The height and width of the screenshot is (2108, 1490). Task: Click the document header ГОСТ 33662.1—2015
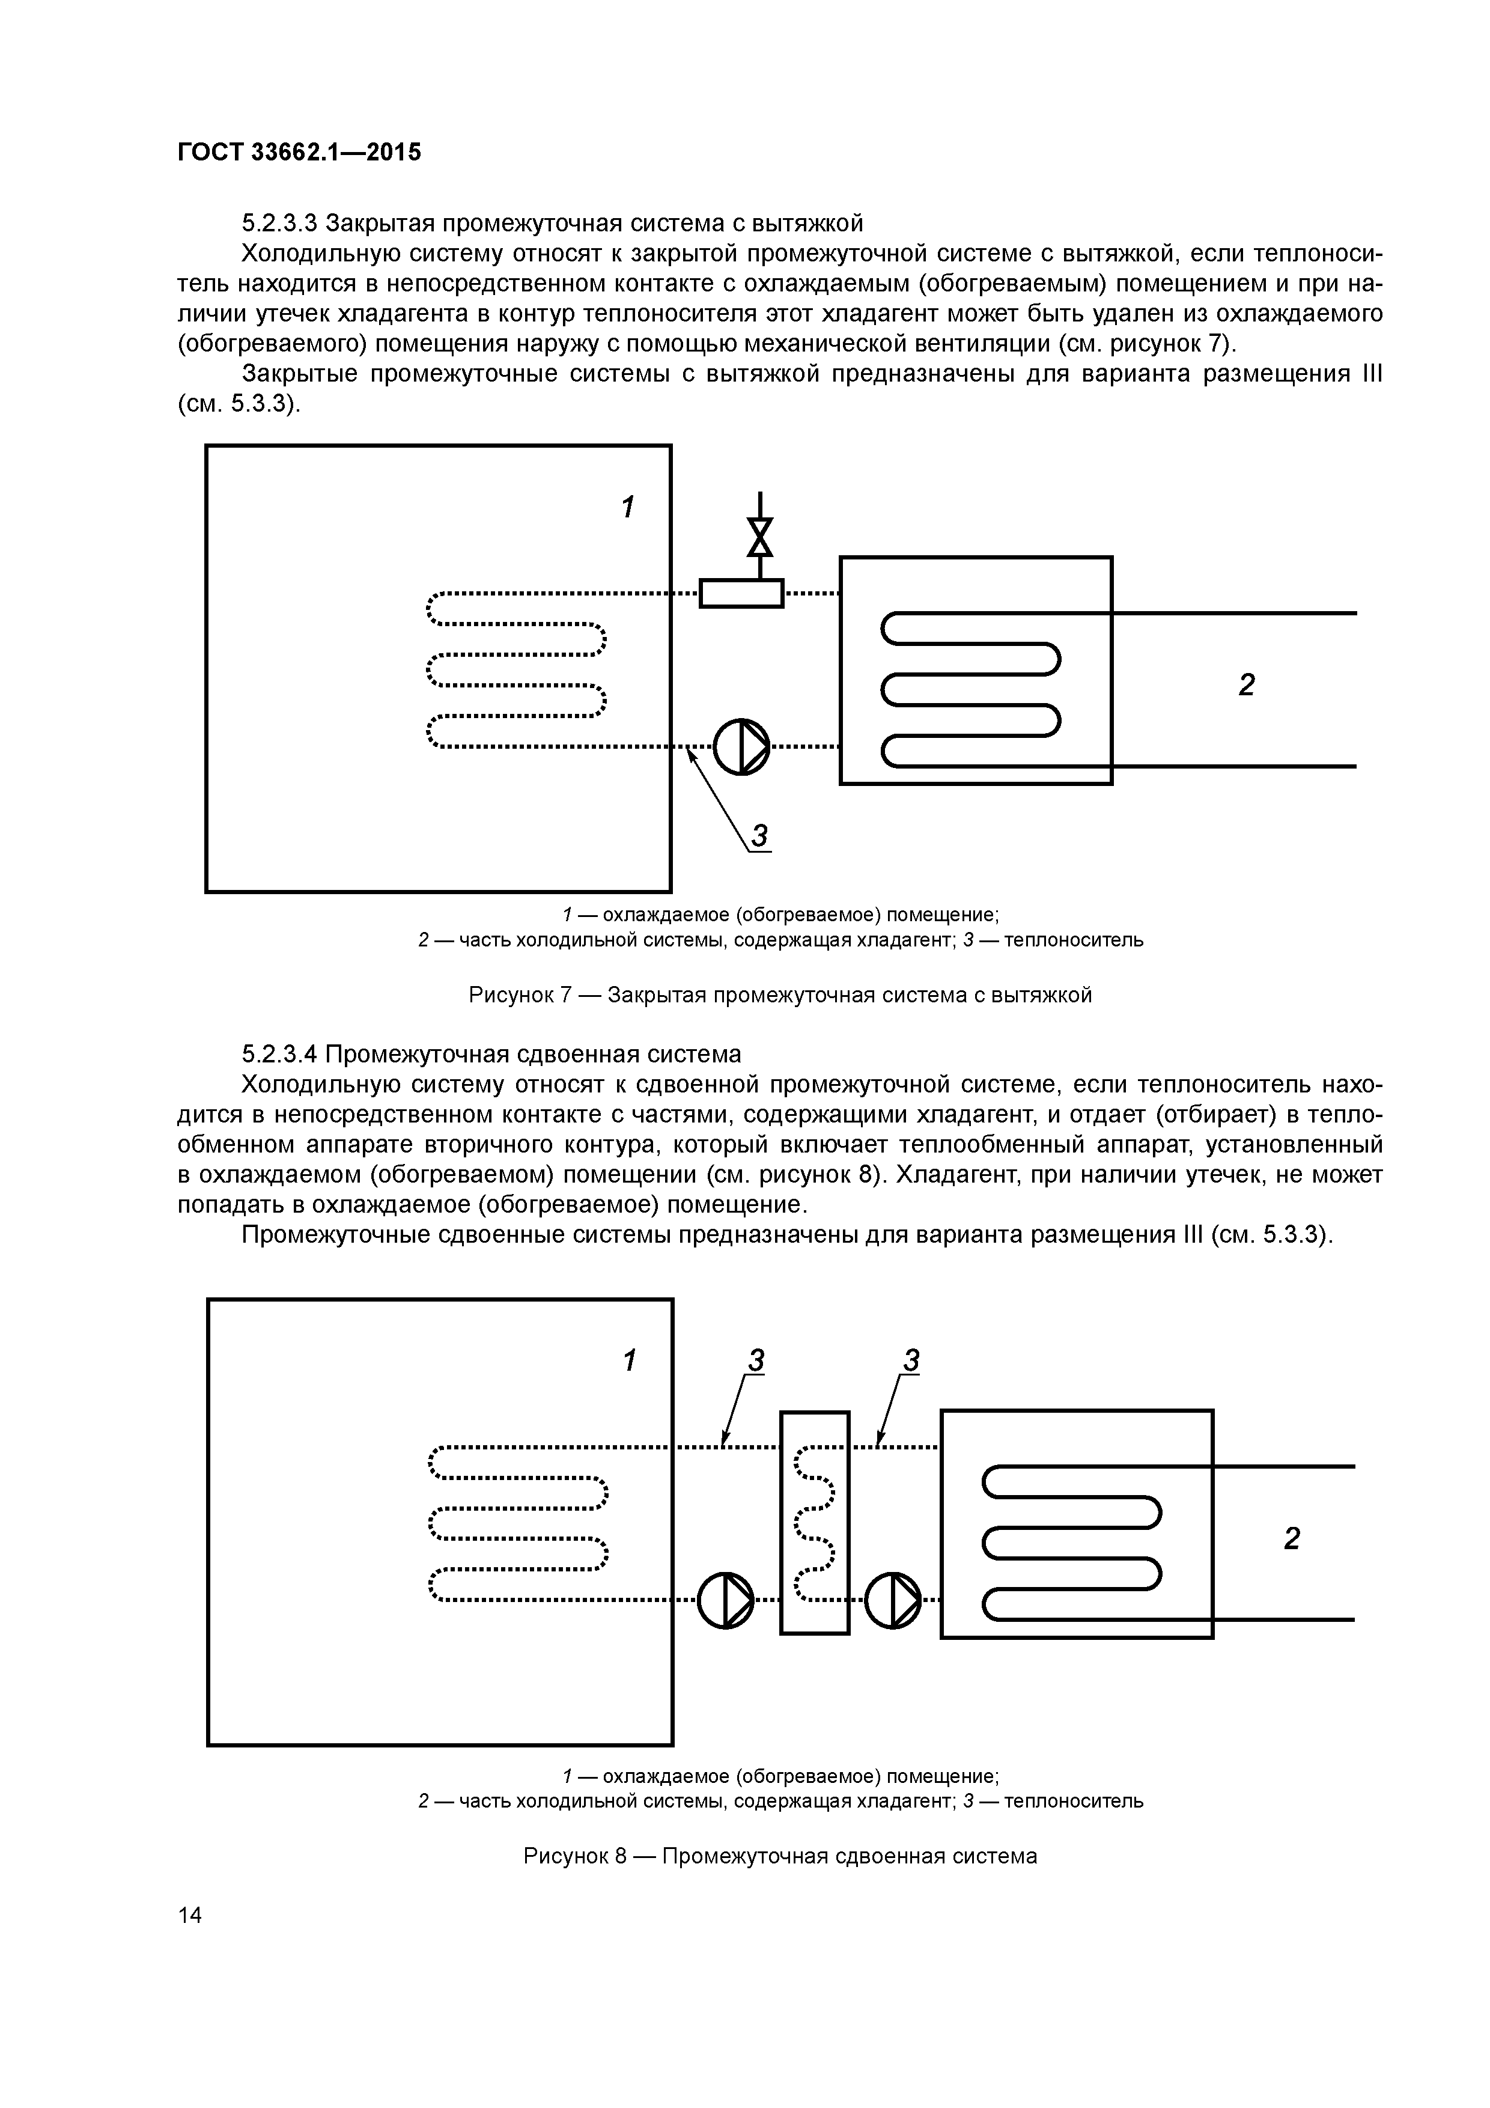pos(299,153)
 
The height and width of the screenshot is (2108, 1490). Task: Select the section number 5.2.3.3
pos(279,223)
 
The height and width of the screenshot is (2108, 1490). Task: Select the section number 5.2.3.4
pos(279,1053)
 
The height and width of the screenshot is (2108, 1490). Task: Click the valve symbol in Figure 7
pos(759,537)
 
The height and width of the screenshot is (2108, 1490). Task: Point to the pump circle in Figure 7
pos(741,746)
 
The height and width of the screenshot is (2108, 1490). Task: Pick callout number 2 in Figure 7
pos(1246,685)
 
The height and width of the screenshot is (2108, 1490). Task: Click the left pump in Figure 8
pos(725,1600)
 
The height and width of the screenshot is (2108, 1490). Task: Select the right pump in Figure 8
pos(892,1600)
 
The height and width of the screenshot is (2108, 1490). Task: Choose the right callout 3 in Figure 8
pos(911,1360)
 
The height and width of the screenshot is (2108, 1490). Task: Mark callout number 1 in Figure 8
pos(629,1360)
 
